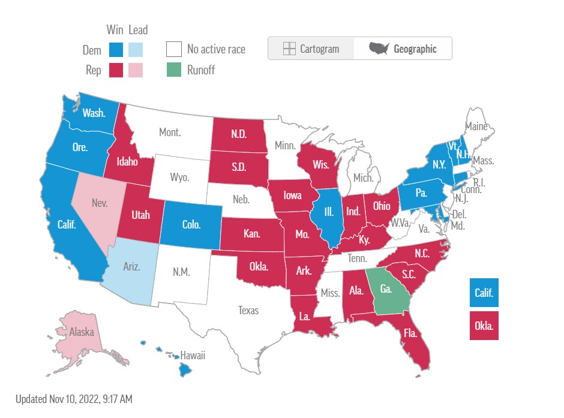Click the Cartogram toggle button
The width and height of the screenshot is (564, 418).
[311, 49]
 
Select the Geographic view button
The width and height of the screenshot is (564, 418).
[403, 49]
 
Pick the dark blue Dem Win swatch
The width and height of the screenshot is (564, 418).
[116, 49]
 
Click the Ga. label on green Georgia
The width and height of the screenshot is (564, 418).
[386, 289]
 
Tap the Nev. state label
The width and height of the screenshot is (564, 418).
[100, 203]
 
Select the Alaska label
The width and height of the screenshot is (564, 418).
[81, 331]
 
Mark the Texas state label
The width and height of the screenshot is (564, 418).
[248, 310]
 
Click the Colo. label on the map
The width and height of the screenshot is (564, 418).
[191, 225]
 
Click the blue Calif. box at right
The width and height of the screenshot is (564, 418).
[484, 293]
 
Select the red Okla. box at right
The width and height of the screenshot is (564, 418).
[484, 326]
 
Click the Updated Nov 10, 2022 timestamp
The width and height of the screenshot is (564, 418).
[74, 398]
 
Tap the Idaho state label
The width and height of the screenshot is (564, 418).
[128, 162]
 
